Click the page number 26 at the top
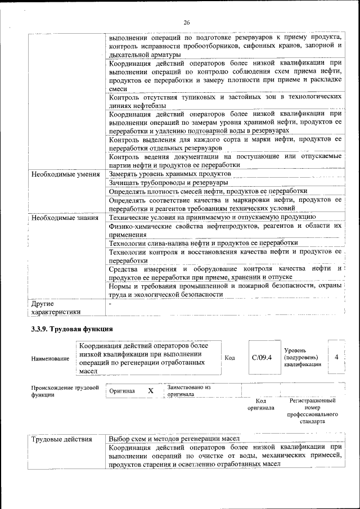(186, 22)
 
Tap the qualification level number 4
(336, 357)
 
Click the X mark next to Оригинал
(150, 390)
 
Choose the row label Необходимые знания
(65, 217)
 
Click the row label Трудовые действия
(62, 439)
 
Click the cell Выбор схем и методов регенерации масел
(174, 439)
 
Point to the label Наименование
(51, 358)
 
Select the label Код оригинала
(260, 404)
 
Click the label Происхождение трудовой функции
(65, 391)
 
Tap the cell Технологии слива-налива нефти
(203, 242)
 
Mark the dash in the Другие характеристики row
(110, 304)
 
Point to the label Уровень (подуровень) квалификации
(301, 357)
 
